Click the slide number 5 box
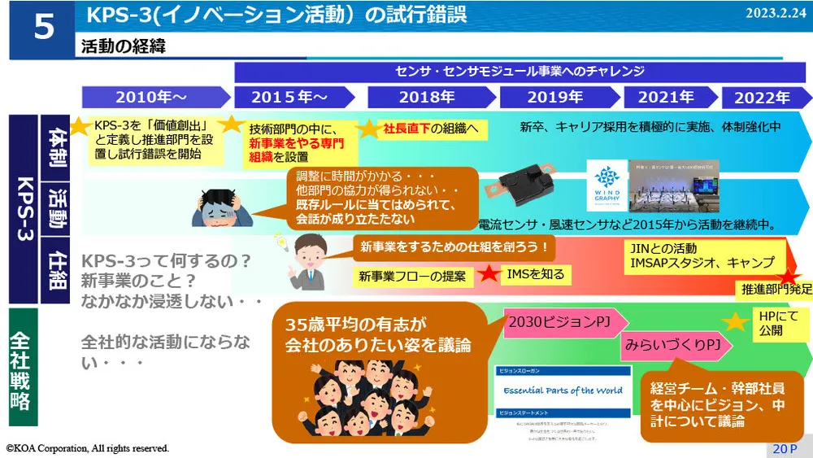click(43, 28)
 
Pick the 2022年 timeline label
click(762, 98)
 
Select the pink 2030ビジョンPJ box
click(559, 322)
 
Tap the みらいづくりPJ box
click(673, 345)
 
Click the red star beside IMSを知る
click(489, 274)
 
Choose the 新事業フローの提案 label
click(413, 276)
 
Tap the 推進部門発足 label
click(776, 289)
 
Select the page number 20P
click(785, 448)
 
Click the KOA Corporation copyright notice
click(88, 448)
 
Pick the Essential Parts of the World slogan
click(563, 390)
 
